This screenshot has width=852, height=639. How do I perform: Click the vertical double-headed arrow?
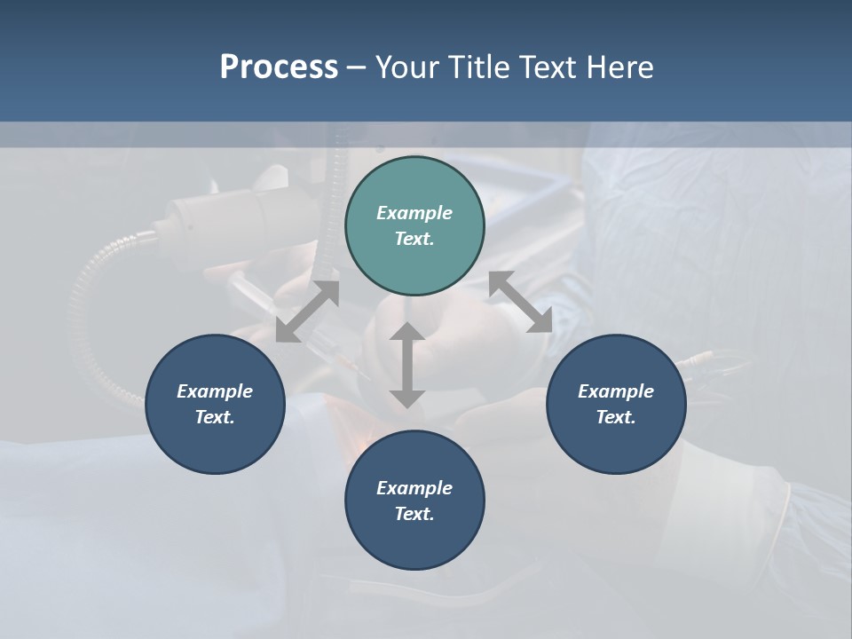(x=407, y=366)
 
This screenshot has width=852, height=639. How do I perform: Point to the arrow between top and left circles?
(x=307, y=312)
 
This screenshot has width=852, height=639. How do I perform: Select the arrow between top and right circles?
(x=520, y=302)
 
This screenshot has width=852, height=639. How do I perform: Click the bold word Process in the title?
(x=279, y=67)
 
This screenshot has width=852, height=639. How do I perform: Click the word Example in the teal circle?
(x=414, y=213)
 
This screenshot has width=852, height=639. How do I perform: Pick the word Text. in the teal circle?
(x=414, y=239)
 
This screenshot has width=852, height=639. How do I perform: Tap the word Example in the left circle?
(x=215, y=391)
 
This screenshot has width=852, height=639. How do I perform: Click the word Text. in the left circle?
(x=215, y=417)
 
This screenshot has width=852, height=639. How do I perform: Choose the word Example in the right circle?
(x=616, y=391)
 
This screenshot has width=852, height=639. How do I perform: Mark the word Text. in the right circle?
(x=616, y=417)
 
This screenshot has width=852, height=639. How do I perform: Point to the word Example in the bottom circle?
(x=414, y=488)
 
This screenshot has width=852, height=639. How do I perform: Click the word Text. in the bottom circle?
(x=414, y=514)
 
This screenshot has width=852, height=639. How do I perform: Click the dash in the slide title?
(x=357, y=67)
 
